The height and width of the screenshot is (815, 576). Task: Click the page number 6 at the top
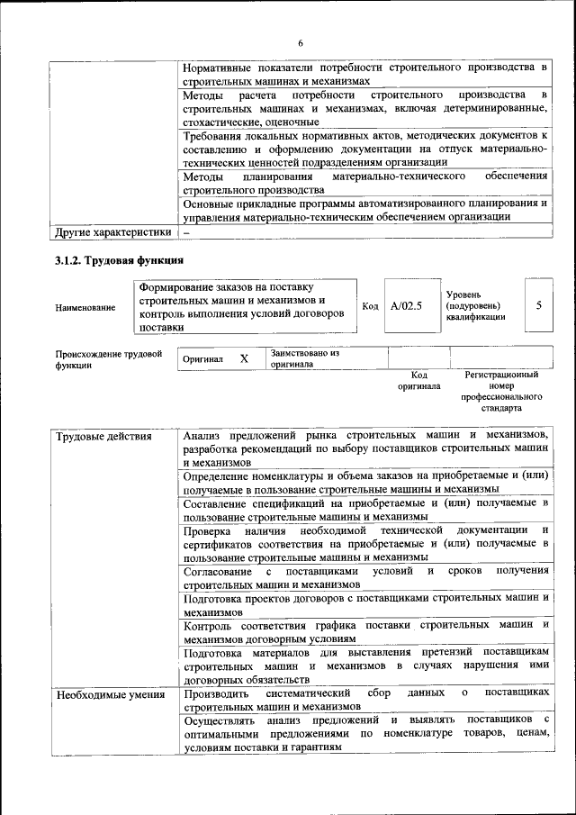click(301, 42)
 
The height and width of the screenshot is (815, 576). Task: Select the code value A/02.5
click(406, 305)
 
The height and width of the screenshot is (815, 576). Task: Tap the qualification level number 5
click(538, 305)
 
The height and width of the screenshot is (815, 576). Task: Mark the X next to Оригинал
click(244, 358)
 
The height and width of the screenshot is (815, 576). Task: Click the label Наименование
click(85, 308)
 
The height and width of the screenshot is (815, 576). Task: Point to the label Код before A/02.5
click(369, 306)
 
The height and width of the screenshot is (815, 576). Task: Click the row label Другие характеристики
click(112, 232)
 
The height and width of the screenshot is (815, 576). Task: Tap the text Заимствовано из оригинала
click(303, 358)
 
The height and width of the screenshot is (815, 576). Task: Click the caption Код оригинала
click(418, 380)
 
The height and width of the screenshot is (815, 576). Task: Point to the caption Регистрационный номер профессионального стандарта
click(501, 391)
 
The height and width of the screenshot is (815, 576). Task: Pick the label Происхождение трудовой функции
click(108, 360)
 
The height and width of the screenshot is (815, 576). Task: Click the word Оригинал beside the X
click(202, 358)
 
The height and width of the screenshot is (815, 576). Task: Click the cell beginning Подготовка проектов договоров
click(365, 603)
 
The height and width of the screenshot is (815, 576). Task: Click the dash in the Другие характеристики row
click(186, 232)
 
